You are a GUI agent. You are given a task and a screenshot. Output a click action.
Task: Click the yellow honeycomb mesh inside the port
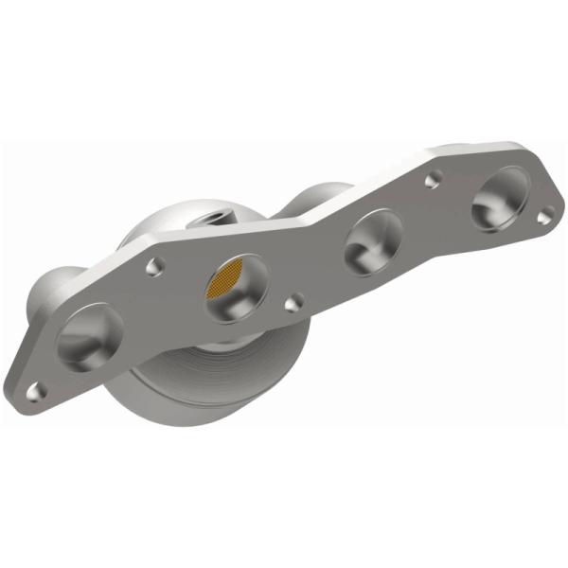231,281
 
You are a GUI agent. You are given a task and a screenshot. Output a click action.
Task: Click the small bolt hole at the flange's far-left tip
38,387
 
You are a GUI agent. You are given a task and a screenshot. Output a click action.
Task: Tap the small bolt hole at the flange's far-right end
543,217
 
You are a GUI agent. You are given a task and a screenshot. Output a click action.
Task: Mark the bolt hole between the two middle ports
295,303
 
